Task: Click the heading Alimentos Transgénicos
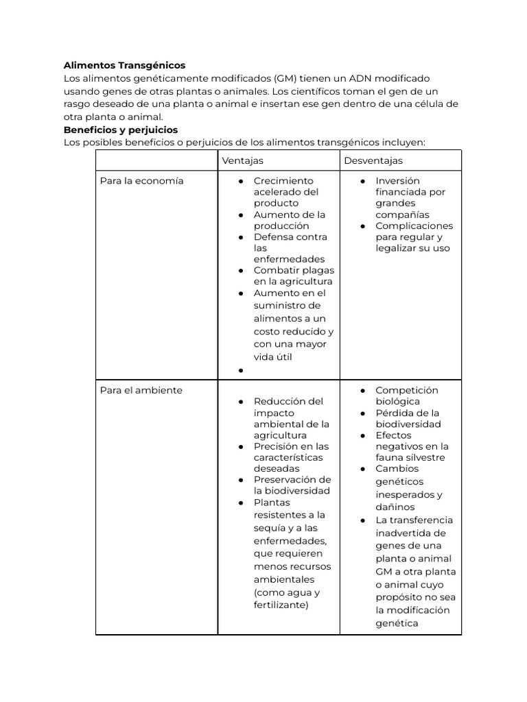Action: (124, 66)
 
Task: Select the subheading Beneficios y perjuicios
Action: (121, 130)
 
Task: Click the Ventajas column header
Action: (242, 160)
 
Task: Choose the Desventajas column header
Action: (374, 160)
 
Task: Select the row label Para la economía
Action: (141, 181)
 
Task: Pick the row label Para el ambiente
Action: (141, 390)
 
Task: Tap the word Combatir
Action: (275, 270)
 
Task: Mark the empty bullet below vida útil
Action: (242, 371)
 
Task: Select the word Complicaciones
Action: (414, 226)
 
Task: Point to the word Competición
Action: (406, 390)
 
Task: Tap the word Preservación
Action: (292, 480)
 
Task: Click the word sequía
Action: (270, 528)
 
